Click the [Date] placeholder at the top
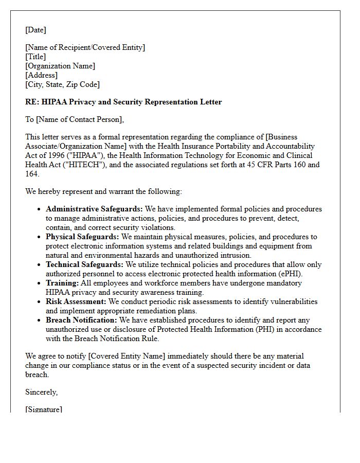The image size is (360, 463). coord(35,30)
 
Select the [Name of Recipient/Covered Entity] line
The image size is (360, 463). coord(85,47)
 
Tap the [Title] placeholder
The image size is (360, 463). coord(35,57)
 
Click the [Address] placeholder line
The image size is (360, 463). coord(41,75)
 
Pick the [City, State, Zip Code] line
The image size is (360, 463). coord(62,84)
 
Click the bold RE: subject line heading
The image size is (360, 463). coord(123,102)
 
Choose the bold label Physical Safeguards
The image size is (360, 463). coord(82,237)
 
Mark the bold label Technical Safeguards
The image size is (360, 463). coord(84,264)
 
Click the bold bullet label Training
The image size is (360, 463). coord(62,283)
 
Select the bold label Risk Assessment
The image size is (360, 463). coord(76,301)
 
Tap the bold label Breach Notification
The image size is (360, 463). coord(81,320)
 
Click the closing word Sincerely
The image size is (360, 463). coord(41,392)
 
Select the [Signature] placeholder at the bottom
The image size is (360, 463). coord(44,409)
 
